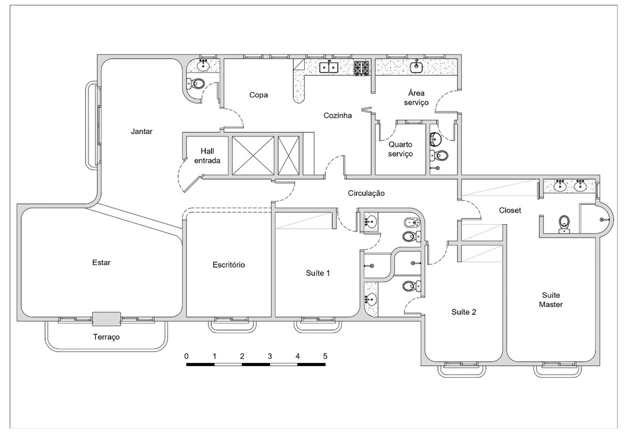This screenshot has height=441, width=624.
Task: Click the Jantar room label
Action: click(x=141, y=131)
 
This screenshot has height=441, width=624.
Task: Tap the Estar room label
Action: click(x=101, y=263)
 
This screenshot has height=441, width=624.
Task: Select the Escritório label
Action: click(x=229, y=265)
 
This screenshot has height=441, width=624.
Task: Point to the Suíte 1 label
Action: click(x=317, y=273)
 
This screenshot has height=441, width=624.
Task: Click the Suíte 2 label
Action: click(x=464, y=312)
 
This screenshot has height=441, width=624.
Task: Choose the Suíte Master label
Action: click(x=551, y=300)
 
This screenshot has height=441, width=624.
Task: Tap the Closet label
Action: click(x=510, y=211)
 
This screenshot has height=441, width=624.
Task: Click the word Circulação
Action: click(x=366, y=193)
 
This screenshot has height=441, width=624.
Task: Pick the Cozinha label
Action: click(x=337, y=115)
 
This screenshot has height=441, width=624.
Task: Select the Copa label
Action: click(x=258, y=95)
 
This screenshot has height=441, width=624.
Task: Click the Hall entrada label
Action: click(x=207, y=156)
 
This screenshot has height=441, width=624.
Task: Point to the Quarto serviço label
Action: click(x=400, y=149)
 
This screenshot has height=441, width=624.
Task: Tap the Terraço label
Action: click(x=106, y=337)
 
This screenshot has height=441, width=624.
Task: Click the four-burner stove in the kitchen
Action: click(x=361, y=68)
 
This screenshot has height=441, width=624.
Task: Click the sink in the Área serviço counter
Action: click(x=417, y=67)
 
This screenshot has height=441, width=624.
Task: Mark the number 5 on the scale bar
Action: click(x=325, y=356)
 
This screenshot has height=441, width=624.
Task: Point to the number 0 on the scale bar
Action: click(x=186, y=356)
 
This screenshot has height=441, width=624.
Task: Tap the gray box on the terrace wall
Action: click(x=106, y=318)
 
